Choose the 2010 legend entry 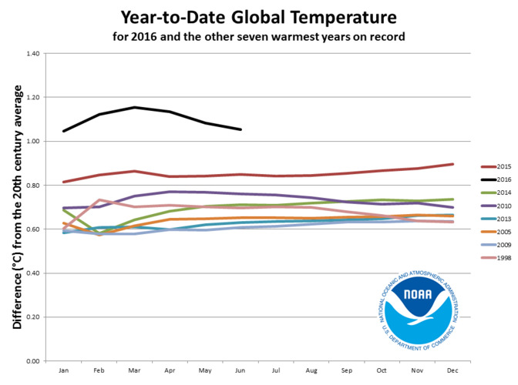click(498, 205)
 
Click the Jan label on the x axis click(63, 370)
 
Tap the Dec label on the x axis click(452, 370)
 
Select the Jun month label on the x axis click(240, 370)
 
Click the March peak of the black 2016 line click(135, 107)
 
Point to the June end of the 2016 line click(240, 129)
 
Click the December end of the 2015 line click(452, 164)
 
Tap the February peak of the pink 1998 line click(99, 199)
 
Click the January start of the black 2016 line click(64, 131)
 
